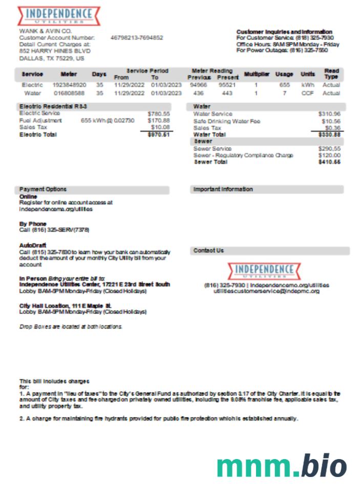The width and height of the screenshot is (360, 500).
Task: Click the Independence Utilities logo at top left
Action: (x=59, y=15)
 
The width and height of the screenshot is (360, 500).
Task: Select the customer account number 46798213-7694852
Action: (x=137, y=38)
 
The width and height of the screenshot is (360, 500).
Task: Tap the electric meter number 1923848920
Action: (x=70, y=85)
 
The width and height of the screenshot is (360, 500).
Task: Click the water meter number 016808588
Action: (x=70, y=94)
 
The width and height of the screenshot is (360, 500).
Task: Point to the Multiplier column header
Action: (x=257, y=74)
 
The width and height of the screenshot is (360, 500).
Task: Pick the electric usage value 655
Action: (x=285, y=85)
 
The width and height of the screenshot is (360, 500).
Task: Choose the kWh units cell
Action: (x=308, y=85)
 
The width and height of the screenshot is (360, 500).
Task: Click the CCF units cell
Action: (x=308, y=94)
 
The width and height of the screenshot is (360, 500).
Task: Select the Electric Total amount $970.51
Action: (x=159, y=134)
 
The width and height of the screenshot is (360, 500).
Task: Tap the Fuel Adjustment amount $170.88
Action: (x=159, y=120)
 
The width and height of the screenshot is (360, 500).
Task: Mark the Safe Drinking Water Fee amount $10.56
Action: (x=331, y=121)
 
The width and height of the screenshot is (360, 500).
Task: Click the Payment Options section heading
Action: (x=43, y=190)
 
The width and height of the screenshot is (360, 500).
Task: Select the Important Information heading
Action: (x=223, y=190)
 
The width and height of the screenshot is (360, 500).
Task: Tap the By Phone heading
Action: (x=33, y=224)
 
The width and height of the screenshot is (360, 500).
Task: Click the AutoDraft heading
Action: (x=33, y=245)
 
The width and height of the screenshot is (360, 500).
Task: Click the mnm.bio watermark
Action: (x=281, y=466)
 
